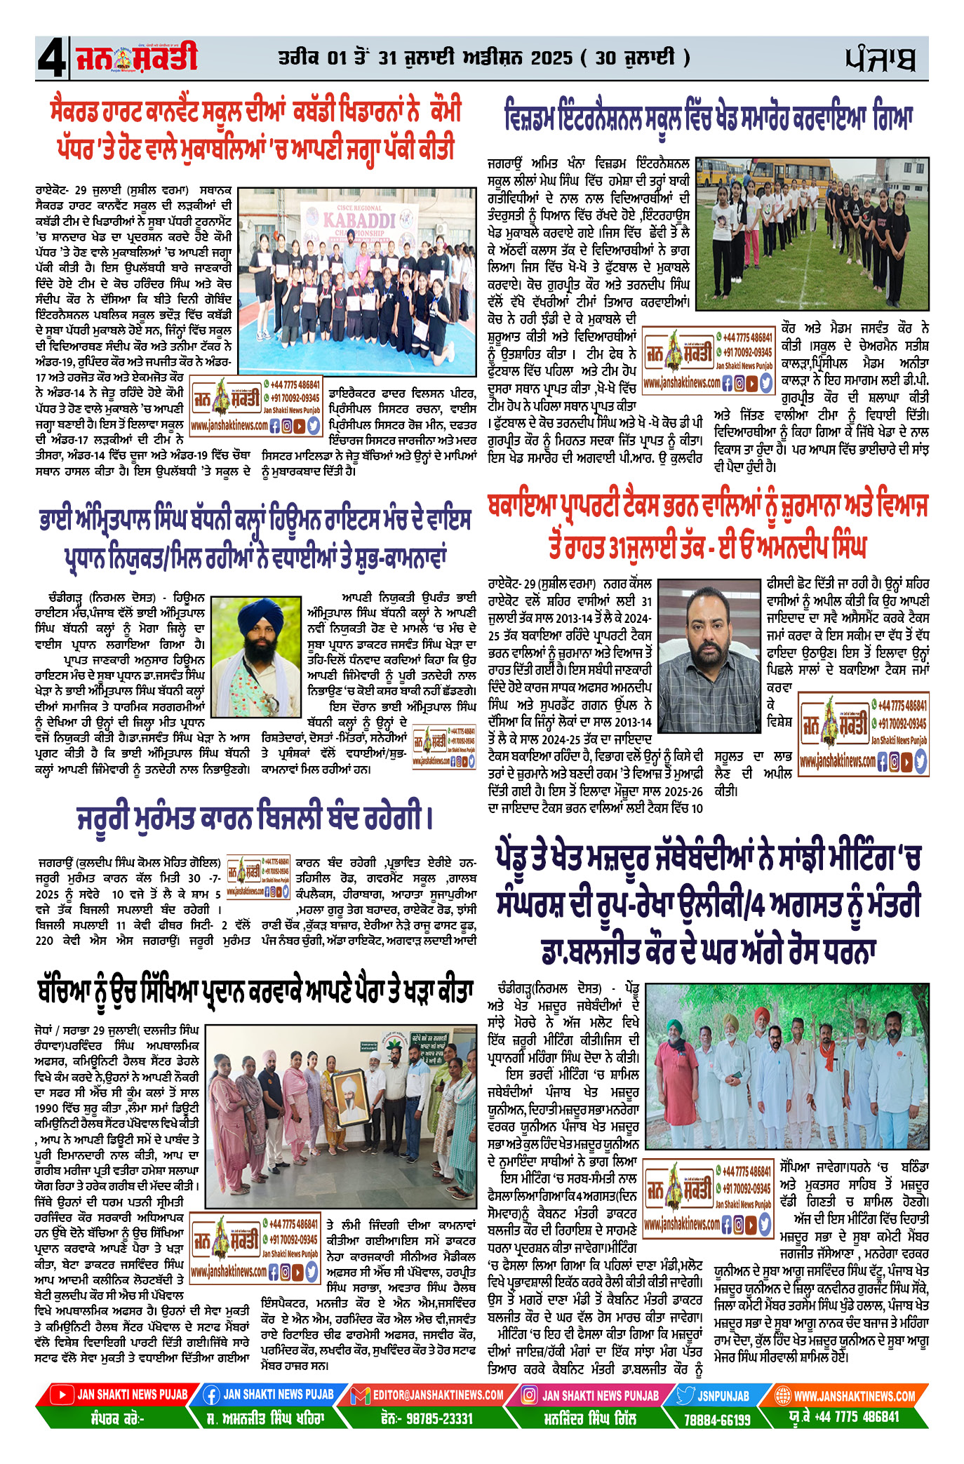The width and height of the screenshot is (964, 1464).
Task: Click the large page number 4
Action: point(51,59)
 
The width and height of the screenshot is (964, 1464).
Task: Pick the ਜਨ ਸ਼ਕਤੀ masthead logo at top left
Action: point(136,58)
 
